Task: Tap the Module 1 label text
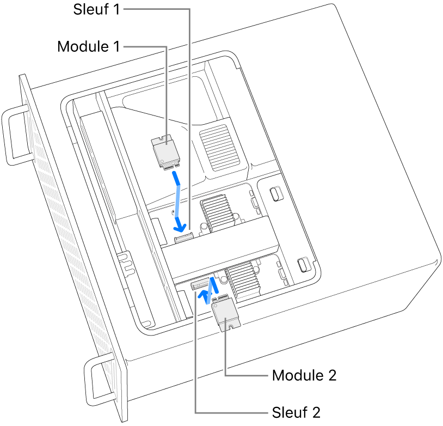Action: [88, 47]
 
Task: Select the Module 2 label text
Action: [304, 375]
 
